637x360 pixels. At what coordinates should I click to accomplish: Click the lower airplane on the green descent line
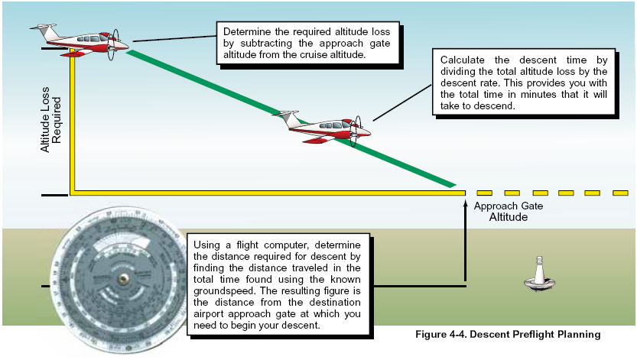coord(326,125)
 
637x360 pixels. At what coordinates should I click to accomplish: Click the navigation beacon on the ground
coord(538,277)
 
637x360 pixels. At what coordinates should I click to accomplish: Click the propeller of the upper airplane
coord(113,44)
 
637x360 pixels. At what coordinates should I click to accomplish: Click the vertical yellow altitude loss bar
coord(73,122)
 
